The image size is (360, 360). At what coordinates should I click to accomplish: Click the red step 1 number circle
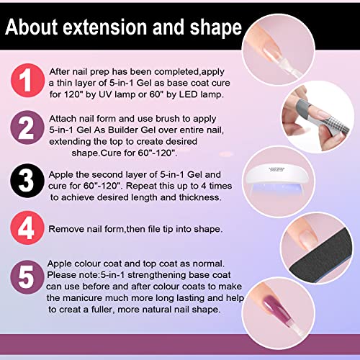(27, 81)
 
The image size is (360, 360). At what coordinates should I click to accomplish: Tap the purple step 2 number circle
(27, 127)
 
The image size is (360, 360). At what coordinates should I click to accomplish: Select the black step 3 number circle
(27, 181)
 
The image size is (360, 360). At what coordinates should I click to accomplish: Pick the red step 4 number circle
(27, 228)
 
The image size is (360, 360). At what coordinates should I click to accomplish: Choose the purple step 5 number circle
(27, 277)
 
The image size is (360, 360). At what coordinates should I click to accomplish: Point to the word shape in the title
(215, 28)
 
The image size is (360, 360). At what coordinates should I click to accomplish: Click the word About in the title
(32, 27)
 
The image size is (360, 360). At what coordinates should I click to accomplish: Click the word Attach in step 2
(63, 119)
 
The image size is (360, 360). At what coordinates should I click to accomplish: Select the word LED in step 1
(189, 94)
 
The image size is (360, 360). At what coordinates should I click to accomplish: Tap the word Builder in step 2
(123, 130)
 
